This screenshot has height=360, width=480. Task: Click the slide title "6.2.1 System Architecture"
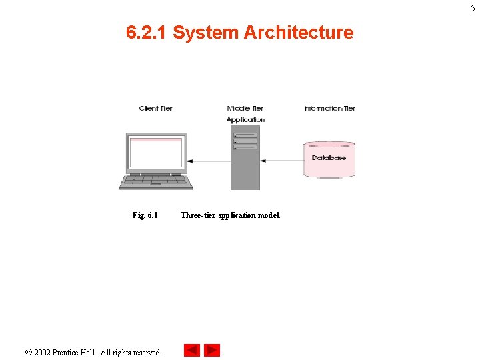(240, 32)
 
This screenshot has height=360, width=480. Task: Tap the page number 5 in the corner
(473, 8)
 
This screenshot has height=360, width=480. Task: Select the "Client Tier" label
(155, 109)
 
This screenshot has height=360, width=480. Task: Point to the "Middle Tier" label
(245, 109)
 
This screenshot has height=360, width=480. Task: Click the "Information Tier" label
(329, 109)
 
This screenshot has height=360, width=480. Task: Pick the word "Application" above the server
(245, 120)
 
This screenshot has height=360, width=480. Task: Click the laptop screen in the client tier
(155, 153)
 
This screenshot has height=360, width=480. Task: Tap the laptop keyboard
(155, 181)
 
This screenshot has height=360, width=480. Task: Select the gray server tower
(245, 167)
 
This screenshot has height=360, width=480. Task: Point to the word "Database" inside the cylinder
(329, 158)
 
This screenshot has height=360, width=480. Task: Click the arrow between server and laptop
(209, 161)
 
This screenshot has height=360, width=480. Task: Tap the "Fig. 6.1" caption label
(145, 215)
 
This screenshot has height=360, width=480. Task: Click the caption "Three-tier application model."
(231, 215)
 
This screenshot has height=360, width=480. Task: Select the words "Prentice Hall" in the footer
(75, 352)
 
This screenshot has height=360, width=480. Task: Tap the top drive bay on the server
(245, 136)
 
